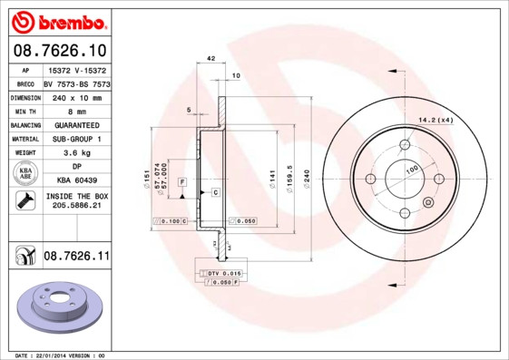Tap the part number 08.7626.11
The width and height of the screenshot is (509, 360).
click(75, 258)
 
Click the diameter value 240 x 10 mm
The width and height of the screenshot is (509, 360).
click(76, 97)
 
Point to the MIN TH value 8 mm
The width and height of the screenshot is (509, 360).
click(76, 111)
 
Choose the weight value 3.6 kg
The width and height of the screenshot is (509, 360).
click(76, 153)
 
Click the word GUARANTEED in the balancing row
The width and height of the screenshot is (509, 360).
click(76, 124)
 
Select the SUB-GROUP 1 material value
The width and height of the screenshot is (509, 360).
click(76, 139)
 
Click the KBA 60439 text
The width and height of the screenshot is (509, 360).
click(76, 180)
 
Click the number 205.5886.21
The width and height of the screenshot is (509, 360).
click(76, 207)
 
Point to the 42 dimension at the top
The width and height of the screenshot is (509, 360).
click(210, 58)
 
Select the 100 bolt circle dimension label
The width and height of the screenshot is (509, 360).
click(412, 170)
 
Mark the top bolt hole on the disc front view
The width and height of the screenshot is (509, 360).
click(405, 147)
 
